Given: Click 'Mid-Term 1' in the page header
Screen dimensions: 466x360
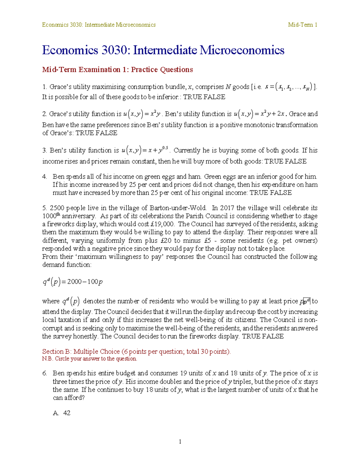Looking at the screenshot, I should [x=302, y=25].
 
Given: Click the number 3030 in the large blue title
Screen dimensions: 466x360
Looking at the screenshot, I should [x=114, y=50].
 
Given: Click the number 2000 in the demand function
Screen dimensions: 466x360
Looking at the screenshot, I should [x=74, y=282].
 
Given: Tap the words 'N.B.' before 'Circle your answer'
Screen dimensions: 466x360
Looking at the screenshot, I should [x=47, y=359].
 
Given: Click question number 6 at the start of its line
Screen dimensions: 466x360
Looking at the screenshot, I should [x=45, y=373].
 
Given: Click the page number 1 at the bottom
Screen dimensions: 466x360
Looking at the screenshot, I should [x=180, y=441].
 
